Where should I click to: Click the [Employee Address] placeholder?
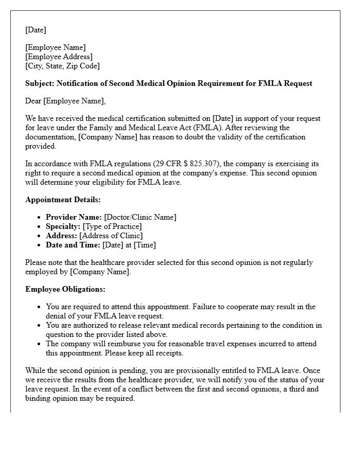click(59, 57)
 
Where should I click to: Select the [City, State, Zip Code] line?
click(63, 66)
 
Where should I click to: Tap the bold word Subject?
click(40, 83)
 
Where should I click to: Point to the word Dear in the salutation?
click(33, 101)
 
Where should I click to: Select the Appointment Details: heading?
click(63, 200)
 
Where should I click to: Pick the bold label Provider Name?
click(74, 217)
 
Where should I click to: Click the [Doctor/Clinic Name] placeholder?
click(140, 217)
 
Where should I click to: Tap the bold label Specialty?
click(63, 226)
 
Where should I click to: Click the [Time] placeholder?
click(145, 245)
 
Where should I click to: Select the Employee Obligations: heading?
click(65, 289)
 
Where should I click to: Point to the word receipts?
click(168, 353)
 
